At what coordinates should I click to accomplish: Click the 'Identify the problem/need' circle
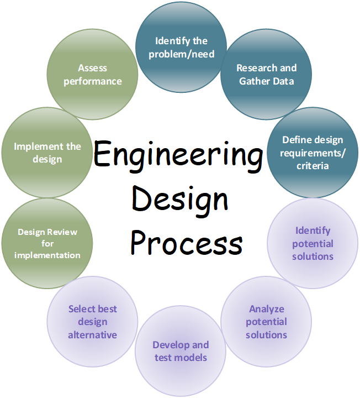(181, 48)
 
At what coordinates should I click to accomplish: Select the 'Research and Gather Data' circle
(266, 75)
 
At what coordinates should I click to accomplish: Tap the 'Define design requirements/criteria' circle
(313, 153)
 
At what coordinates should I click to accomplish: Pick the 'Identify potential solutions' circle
(313, 243)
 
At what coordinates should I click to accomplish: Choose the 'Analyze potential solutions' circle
(266, 322)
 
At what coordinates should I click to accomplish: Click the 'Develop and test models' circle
(181, 351)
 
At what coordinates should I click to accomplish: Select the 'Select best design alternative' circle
(92, 322)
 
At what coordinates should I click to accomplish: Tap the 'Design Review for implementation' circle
(47, 244)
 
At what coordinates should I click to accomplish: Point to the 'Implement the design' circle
(47, 153)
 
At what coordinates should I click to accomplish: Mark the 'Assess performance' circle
(92, 75)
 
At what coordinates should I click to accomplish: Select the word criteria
(312, 166)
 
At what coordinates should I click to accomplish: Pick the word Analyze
(266, 309)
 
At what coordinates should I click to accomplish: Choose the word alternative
(92, 335)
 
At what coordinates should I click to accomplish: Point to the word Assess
(92, 68)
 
